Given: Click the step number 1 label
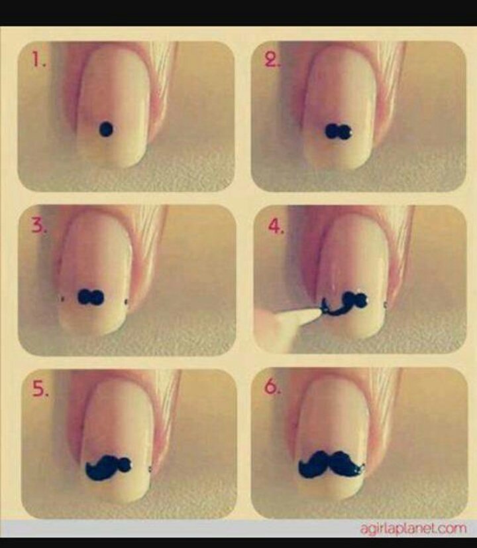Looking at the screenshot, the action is pyautogui.click(x=38, y=60).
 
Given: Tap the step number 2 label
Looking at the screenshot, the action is pyautogui.click(x=271, y=60).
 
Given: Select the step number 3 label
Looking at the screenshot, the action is pyautogui.click(x=39, y=226).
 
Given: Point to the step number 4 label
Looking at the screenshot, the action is pyautogui.click(x=276, y=226).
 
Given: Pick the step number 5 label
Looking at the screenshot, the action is pyautogui.click(x=40, y=389).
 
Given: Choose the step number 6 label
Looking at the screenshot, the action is pyautogui.click(x=272, y=386).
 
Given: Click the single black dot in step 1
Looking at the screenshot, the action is pyautogui.click(x=106, y=129).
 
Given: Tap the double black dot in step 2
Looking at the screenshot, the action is pyautogui.click(x=339, y=132).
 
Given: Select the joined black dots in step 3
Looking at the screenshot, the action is pyautogui.click(x=91, y=297).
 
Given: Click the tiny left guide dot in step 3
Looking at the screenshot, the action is pyautogui.click(x=62, y=299).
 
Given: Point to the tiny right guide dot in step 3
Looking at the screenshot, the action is pyautogui.click(x=126, y=302).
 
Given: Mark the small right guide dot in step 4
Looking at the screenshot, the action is pyautogui.click(x=385, y=305).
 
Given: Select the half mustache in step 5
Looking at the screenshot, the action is pyautogui.click(x=109, y=467).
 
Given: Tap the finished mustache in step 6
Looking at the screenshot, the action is pyautogui.click(x=331, y=464).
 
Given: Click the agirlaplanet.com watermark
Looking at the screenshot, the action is pyautogui.click(x=413, y=529).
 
